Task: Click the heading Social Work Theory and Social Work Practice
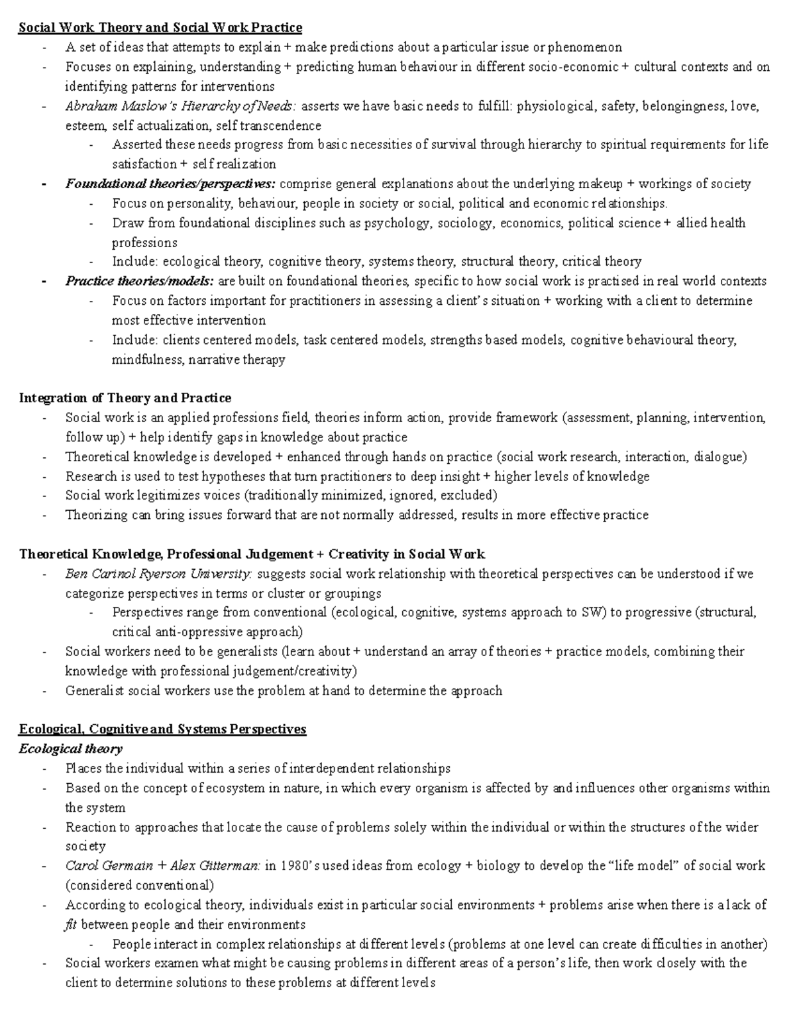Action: point(160,27)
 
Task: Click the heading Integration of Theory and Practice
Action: point(125,398)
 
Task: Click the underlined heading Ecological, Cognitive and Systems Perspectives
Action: point(162,730)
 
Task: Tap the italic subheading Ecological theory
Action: point(71,749)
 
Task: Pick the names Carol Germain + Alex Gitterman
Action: point(163,866)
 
